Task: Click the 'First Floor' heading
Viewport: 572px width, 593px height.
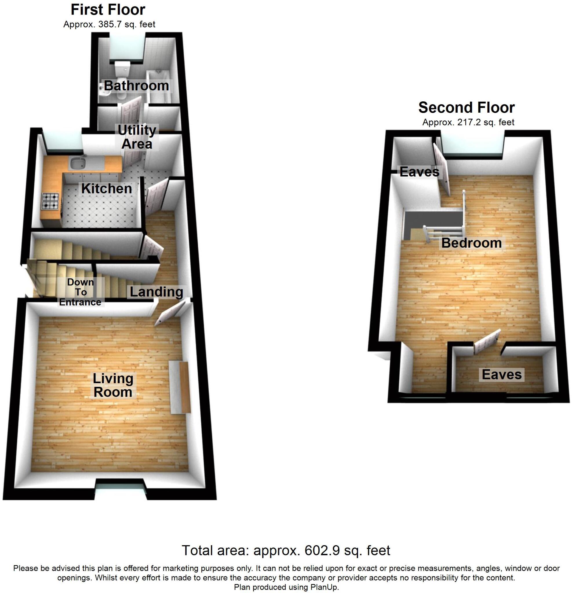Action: (x=108, y=10)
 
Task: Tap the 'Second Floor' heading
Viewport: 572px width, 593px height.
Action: (x=466, y=107)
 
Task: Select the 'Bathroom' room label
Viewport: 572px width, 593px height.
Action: (x=136, y=86)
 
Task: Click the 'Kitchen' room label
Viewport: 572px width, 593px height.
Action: (x=107, y=188)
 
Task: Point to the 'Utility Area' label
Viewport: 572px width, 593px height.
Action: (x=137, y=137)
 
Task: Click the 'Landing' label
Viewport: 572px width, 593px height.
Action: (x=156, y=292)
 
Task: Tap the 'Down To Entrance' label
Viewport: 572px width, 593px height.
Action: (x=81, y=292)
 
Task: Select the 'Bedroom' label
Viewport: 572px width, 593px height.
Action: (x=471, y=243)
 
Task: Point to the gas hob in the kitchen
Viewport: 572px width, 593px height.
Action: (x=50, y=201)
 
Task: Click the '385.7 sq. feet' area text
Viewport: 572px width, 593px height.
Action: (x=127, y=24)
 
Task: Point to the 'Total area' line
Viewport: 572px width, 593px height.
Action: (x=286, y=550)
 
